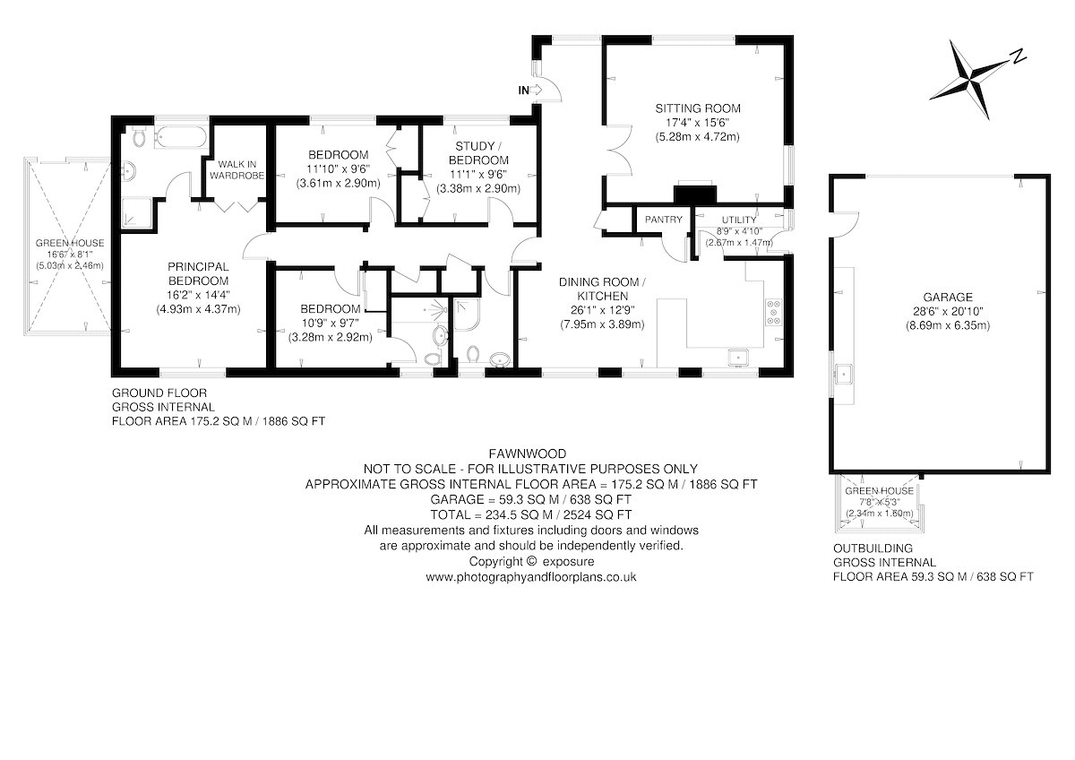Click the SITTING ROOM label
(698, 108)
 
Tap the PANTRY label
(663, 220)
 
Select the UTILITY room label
(739, 220)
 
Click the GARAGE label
(948, 298)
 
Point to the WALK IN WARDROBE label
(237, 170)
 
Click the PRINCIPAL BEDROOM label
(198, 273)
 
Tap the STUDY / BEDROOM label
(478, 152)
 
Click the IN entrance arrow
(537, 90)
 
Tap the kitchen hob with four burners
(773, 313)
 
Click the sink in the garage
(843, 375)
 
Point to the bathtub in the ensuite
(181, 137)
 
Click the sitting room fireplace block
(695, 193)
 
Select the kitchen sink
(737, 358)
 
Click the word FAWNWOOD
(528, 453)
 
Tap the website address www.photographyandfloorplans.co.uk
(530, 576)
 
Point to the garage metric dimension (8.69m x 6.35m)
(948, 325)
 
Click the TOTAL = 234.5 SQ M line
(530, 514)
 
